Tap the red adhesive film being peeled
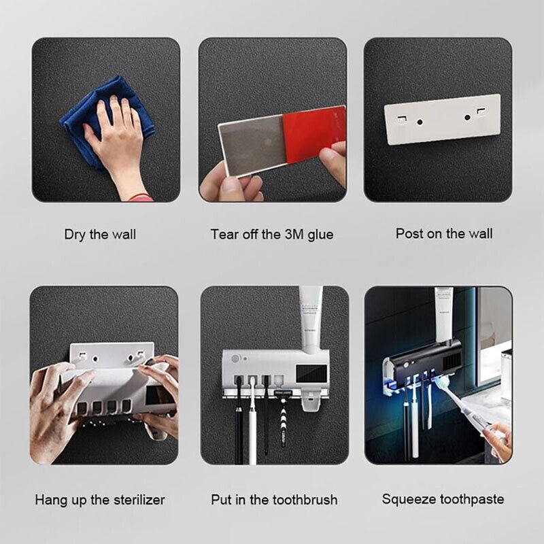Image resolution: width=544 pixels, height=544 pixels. point(314,133)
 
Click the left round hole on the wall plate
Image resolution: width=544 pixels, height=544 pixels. point(420,122)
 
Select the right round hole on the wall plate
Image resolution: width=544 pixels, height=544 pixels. point(467,118)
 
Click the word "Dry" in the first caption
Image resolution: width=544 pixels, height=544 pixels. point(75,235)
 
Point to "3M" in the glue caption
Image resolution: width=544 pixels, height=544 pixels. point(294,234)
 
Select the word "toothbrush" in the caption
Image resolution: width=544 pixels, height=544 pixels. point(305,500)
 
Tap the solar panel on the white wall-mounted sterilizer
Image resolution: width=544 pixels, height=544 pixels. point(311,373)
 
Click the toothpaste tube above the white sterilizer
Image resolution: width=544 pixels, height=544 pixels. point(311,318)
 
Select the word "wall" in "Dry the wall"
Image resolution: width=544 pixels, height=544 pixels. point(124,235)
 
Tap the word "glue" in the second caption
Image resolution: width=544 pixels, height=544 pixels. point(320,235)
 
